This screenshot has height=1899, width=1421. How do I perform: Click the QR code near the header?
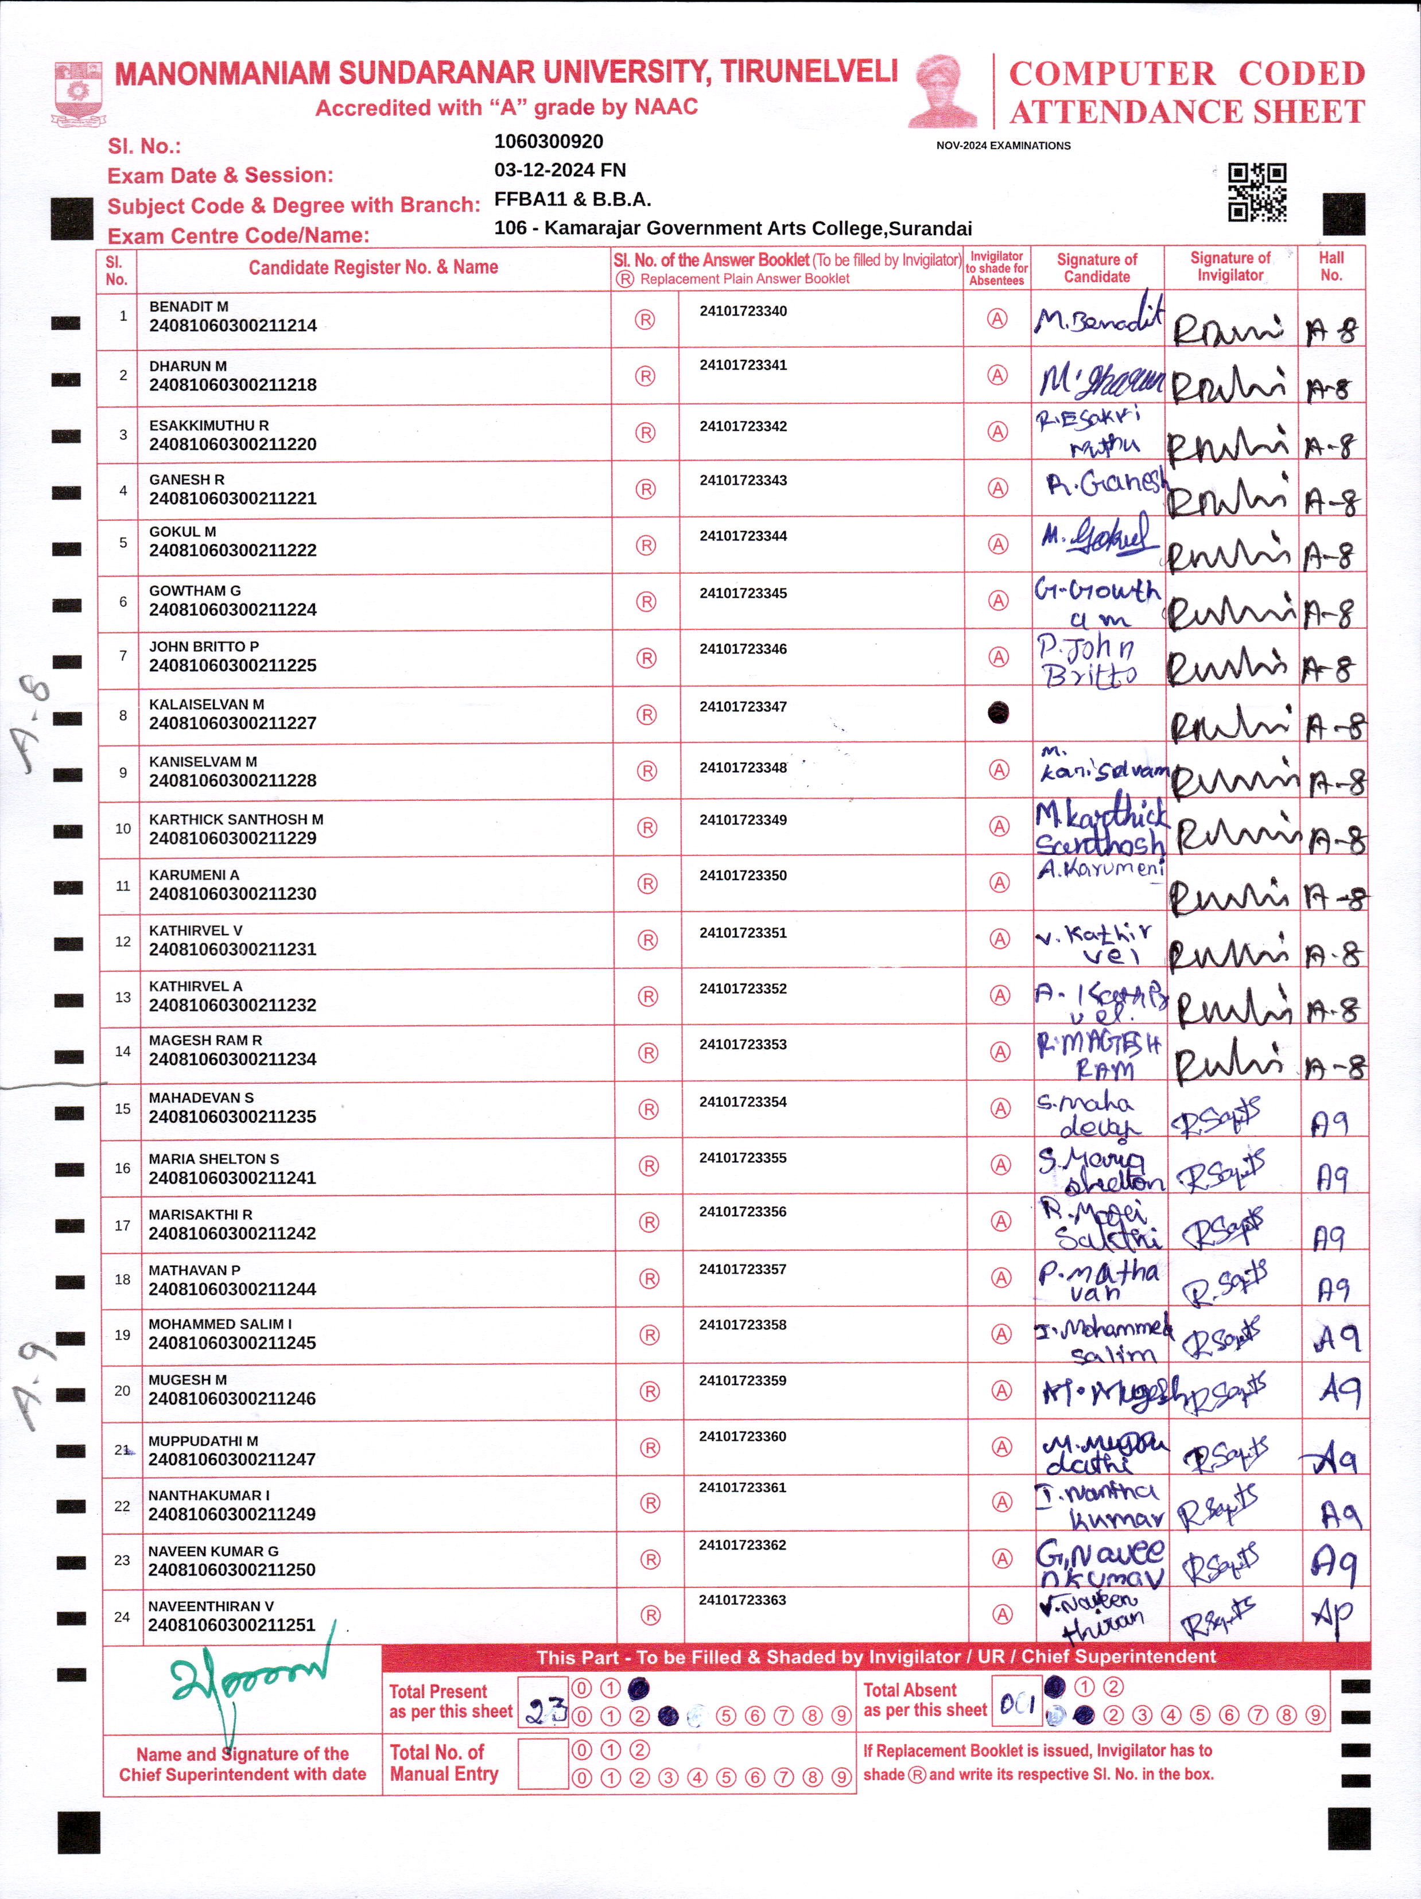click(x=1256, y=192)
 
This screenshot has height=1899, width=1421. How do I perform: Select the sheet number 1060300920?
click(x=549, y=142)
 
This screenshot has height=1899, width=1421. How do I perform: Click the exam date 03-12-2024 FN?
click(x=560, y=170)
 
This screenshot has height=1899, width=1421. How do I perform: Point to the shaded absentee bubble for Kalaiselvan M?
click(x=997, y=713)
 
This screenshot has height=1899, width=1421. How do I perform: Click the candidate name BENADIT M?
click(x=189, y=306)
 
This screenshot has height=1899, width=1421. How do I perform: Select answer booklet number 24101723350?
click(x=743, y=875)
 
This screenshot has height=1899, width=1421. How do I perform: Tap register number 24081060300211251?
click(x=232, y=1625)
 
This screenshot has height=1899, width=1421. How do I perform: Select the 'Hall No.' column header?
click(x=1331, y=266)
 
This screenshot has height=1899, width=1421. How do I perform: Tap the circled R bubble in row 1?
click(x=645, y=320)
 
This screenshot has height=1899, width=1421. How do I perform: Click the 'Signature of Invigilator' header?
click(x=1229, y=266)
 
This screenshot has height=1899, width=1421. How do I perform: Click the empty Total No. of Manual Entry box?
click(x=543, y=1764)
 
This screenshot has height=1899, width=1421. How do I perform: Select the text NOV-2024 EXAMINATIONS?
click(x=1003, y=146)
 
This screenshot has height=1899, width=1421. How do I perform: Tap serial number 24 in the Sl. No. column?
click(x=122, y=1617)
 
